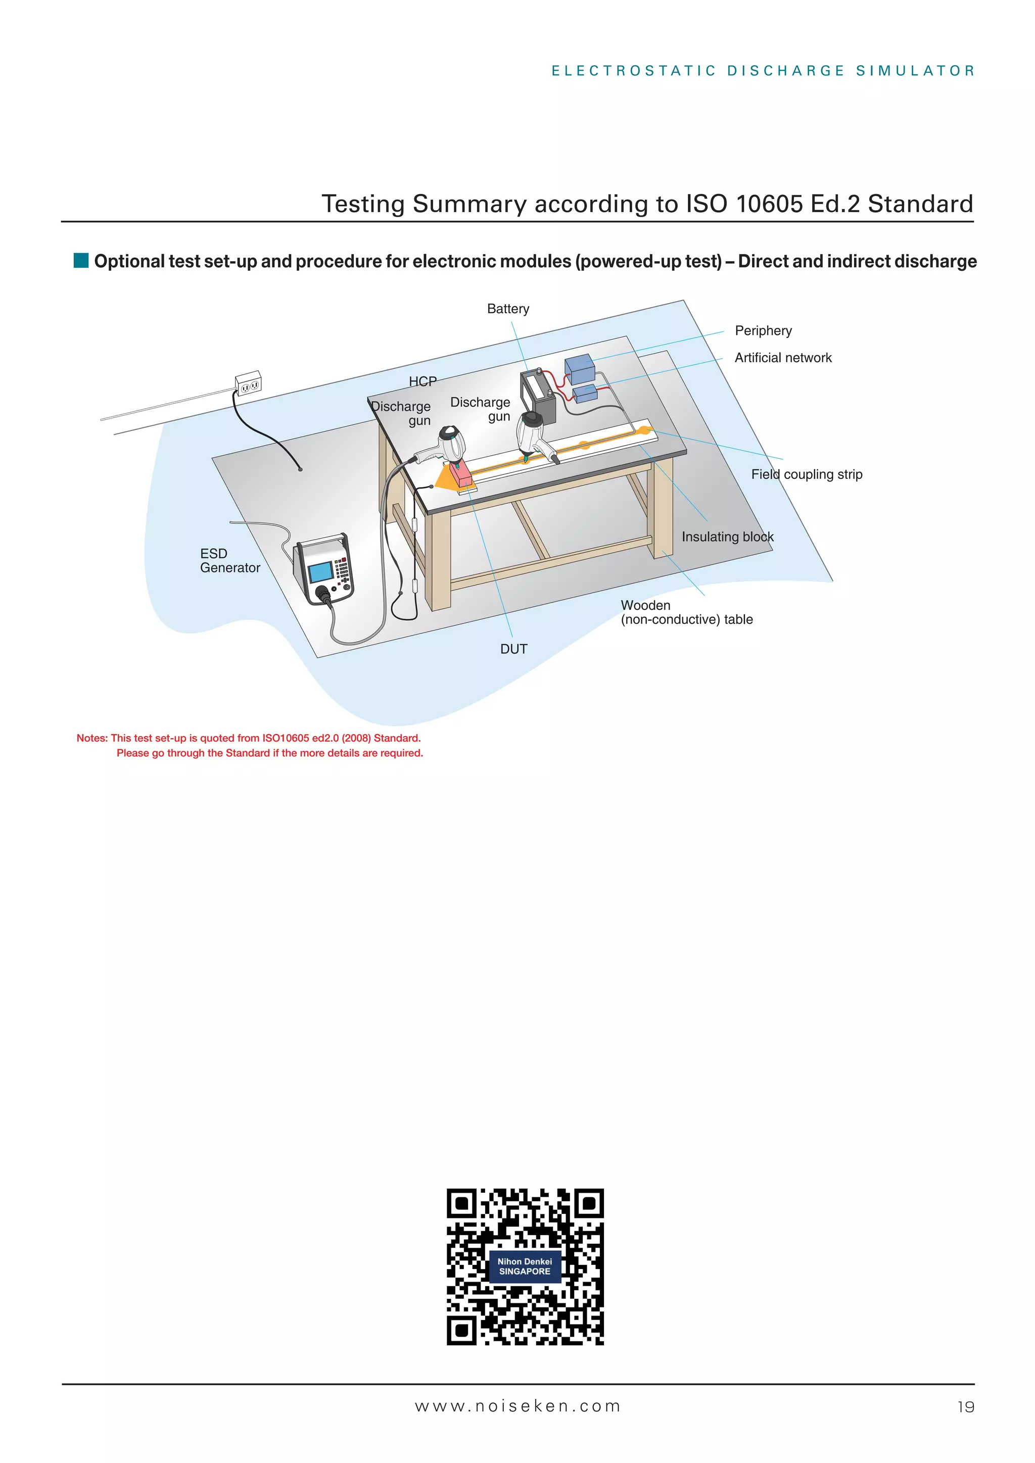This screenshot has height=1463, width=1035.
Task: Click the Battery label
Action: (508, 309)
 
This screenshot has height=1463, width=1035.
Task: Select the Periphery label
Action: (763, 331)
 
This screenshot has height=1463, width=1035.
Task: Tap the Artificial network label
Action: (783, 358)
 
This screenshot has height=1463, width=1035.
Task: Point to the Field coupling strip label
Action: (806, 475)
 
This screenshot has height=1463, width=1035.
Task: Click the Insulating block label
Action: (727, 537)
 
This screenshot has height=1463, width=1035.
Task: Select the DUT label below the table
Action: (513, 649)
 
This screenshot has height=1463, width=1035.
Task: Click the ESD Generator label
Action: (229, 561)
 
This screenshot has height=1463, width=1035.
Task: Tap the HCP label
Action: (422, 382)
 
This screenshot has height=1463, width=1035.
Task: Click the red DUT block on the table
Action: (461, 474)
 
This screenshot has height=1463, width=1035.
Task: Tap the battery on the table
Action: (539, 398)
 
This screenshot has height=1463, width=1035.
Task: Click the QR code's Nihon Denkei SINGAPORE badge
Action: (525, 1266)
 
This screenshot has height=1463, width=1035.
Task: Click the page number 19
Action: (966, 1407)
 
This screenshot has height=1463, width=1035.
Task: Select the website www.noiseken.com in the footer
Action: (517, 1406)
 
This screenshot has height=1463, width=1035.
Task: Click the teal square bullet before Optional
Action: (81, 261)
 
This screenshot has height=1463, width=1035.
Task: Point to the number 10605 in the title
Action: (769, 205)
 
